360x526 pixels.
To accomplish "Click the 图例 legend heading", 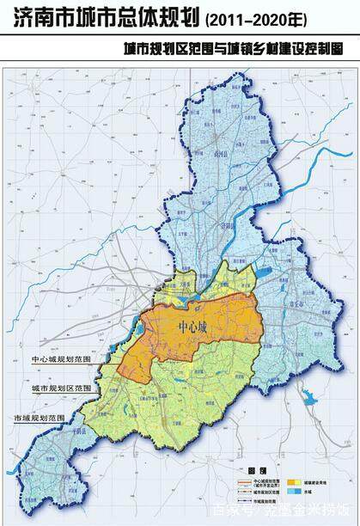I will pyautogui.click(x=250, y=472).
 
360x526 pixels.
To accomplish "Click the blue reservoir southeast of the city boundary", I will pyautogui.click(x=308, y=396).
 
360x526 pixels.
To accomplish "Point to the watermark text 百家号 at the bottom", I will pyautogui.click(x=229, y=510).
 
